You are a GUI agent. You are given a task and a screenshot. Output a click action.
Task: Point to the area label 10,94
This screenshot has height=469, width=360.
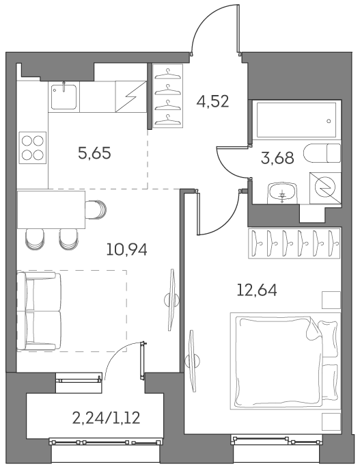point(126,248)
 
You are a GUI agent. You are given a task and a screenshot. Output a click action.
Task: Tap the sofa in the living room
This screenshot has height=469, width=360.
point(40,312)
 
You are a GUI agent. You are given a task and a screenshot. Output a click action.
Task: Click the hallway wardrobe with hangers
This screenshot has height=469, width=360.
point(166,95)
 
